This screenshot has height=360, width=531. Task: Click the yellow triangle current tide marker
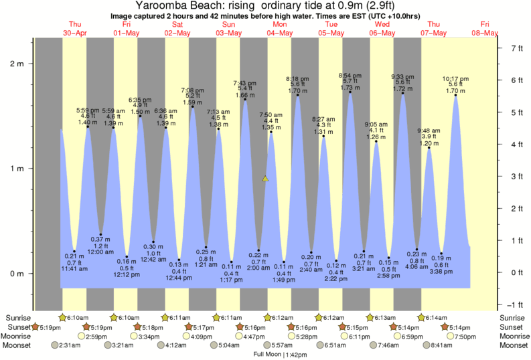[265, 179]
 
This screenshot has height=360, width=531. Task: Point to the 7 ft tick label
[516, 48]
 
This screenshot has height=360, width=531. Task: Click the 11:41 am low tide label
[74, 268]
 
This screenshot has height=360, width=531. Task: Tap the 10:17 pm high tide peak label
[455, 78]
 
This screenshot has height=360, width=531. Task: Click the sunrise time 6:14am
[435, 317]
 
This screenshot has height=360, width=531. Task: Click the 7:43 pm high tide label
[244, 83]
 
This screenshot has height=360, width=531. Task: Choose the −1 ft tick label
[516, 304]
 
